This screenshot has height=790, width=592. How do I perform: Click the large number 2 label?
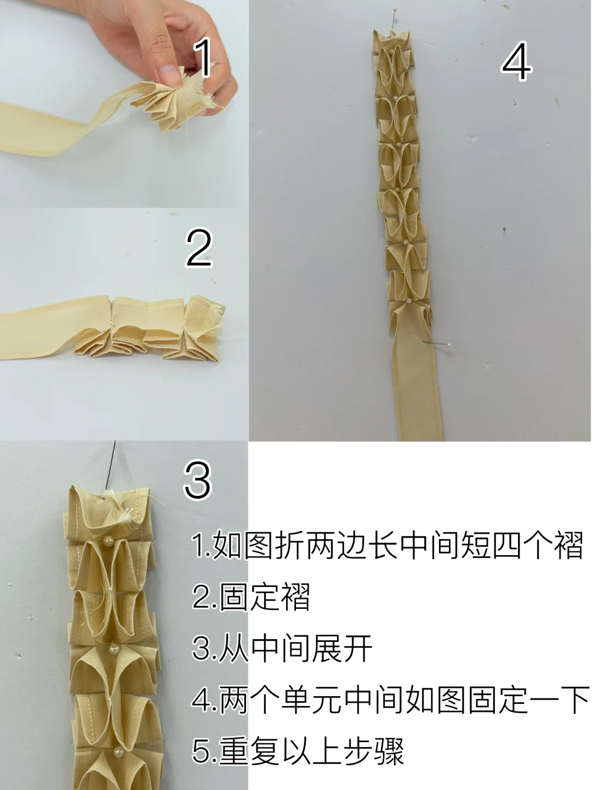198,248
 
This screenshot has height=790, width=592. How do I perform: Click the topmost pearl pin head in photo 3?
109,541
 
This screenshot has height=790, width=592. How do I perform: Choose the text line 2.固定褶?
252,597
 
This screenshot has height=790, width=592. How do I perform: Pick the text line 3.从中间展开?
283,649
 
